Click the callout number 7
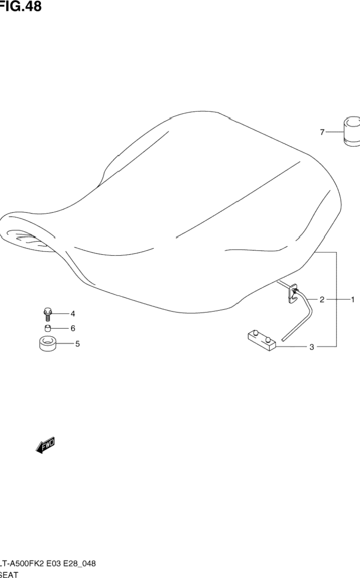[322, 133]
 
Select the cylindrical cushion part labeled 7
[351, 132]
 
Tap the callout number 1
[353, 300]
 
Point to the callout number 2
[322, 300]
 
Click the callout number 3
[312, 347]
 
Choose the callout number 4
[72, 314]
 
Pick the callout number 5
[77, 343]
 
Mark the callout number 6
[72, 328]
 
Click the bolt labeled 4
[47, 314]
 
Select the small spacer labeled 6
[47, 328]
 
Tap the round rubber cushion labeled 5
[47, 344]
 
